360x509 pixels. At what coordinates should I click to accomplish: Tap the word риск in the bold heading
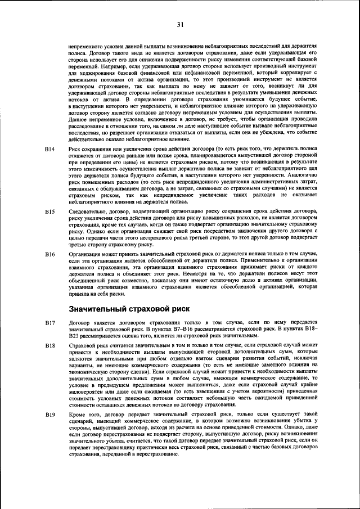(x=179, y=309)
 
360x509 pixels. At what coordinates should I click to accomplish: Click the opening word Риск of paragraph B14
(x=74, y=149)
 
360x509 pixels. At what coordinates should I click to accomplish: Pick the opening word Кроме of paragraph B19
(x=76, y=414)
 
